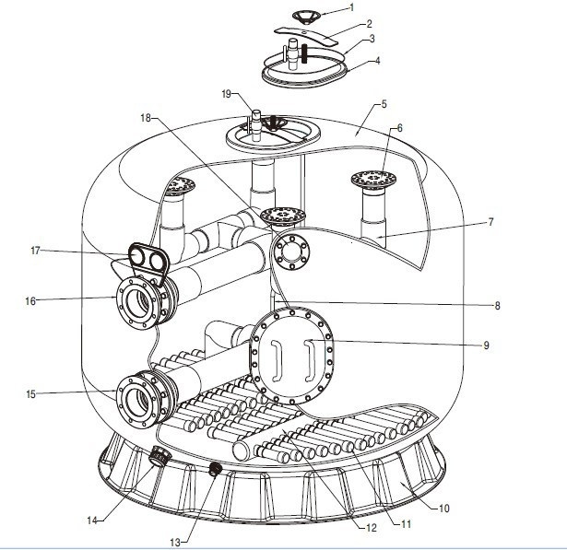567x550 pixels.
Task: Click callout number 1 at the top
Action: click(352, 7)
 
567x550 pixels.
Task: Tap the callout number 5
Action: click(384, 104)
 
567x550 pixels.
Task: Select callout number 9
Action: click(487, 345)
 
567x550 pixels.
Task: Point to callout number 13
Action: click(175, 542)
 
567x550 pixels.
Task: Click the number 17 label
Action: click(35, 250)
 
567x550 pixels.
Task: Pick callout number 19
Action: click(227, 94)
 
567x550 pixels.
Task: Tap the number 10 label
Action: click(444, 509)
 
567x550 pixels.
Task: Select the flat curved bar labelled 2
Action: click(306, 35)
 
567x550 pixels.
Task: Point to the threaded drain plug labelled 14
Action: click(158, 456)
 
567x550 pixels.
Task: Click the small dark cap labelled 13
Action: click(216, 469)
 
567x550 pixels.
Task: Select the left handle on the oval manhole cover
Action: click(276, 361)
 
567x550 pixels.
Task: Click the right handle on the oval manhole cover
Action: click(310, 360)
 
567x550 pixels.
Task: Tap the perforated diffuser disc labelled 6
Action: click(373, 179)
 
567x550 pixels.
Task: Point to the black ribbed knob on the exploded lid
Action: click(306, 53)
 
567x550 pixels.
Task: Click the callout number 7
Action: click(490, 221)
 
